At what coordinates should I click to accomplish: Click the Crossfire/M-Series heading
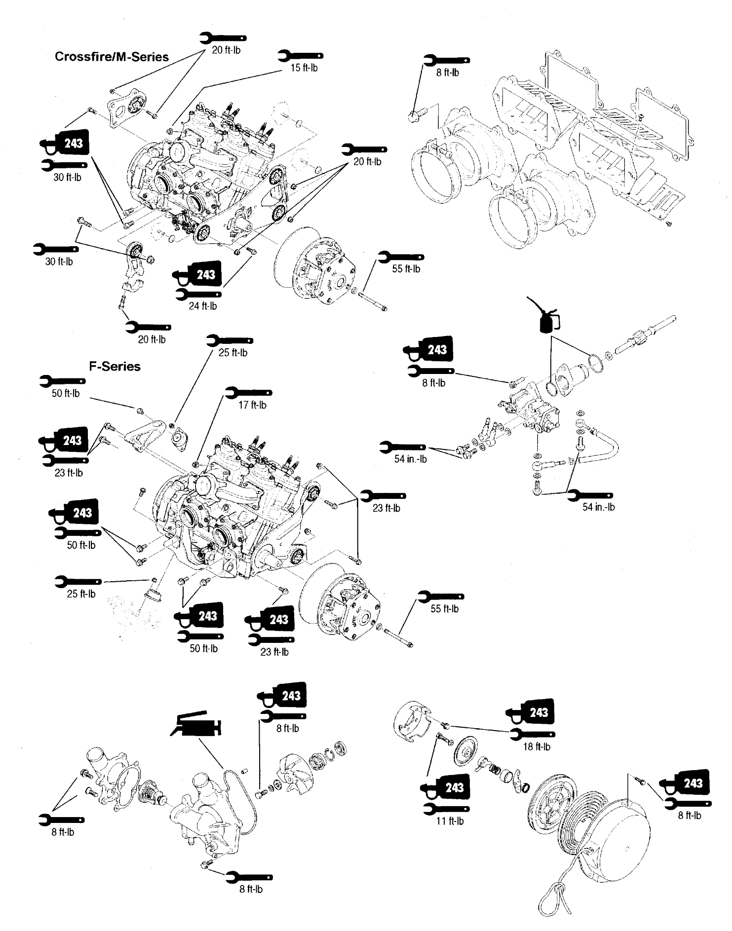[112, 57]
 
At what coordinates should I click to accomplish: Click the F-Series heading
[115, 367]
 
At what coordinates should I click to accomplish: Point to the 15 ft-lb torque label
[304, 68]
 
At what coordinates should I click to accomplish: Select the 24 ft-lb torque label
[203, 306]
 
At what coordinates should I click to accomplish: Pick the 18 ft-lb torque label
[537, 746]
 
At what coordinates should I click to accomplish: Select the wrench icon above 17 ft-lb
[249, 393]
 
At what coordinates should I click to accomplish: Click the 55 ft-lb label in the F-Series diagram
[444, 609]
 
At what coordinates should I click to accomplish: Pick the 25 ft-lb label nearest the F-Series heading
[232, 353]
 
